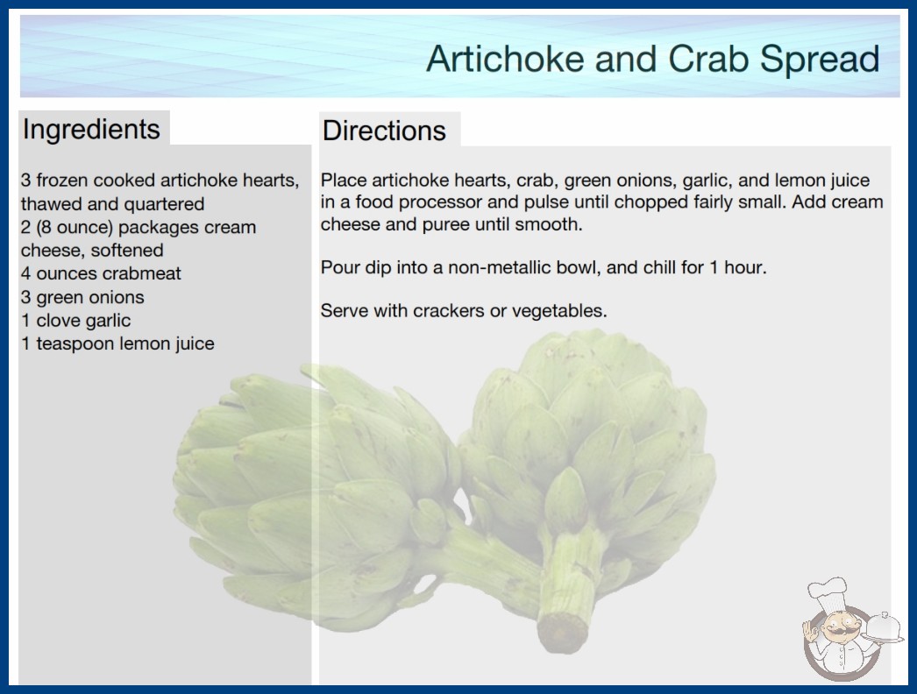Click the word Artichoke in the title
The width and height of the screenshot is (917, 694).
coord(507,59)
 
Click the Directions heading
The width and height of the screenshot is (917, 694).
coord(384,131)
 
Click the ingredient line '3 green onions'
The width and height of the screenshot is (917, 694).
coord(82,297)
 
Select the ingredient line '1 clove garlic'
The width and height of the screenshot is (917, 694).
coord(76,321)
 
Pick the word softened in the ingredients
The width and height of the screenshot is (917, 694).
coord(127,251)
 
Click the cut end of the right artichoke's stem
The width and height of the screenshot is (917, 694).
coord(562,632)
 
